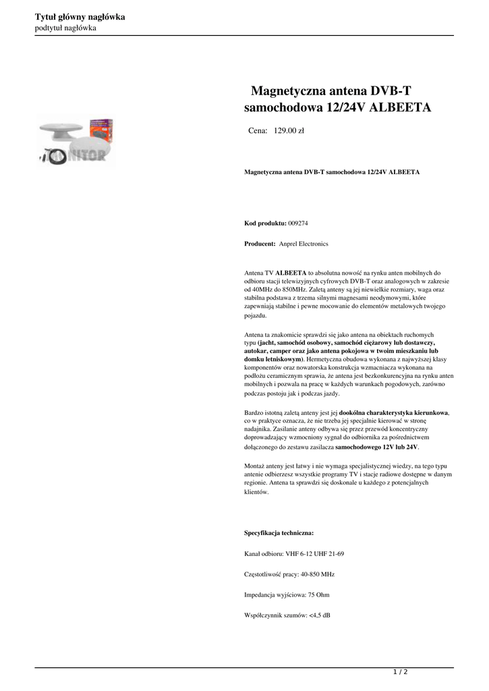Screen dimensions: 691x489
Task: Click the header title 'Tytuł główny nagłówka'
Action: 80,17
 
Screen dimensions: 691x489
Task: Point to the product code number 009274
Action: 297,223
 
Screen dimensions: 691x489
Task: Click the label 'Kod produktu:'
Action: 265,223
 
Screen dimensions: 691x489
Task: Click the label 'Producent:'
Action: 260,244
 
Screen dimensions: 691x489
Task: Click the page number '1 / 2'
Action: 401,672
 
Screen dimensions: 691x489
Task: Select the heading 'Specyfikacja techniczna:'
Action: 279,532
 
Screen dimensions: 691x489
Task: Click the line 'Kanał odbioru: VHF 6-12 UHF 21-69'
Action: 294,553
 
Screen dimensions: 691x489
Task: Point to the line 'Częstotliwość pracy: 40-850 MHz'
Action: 289,574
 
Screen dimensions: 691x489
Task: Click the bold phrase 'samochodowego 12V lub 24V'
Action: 376,447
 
